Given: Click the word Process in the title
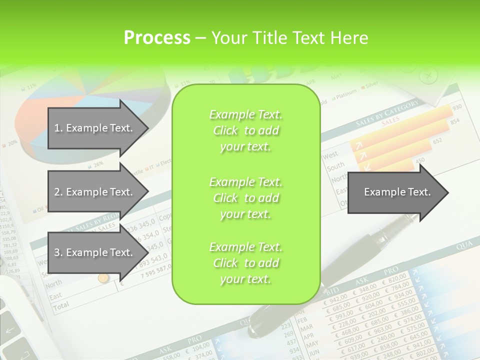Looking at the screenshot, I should pos(157,37).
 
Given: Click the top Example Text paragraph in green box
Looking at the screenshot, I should pos(245,130).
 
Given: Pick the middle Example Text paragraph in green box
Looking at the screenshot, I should pos(245,198).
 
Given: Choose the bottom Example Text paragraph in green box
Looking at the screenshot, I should pos(245,263).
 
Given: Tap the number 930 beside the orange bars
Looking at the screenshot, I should pos(456,108).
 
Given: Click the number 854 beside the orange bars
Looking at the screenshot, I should pos(455,121).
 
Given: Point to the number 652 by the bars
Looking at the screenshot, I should pos(437,141).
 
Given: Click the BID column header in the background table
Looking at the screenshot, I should pos(332,291).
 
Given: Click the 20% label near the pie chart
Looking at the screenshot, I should pos(12,142).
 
